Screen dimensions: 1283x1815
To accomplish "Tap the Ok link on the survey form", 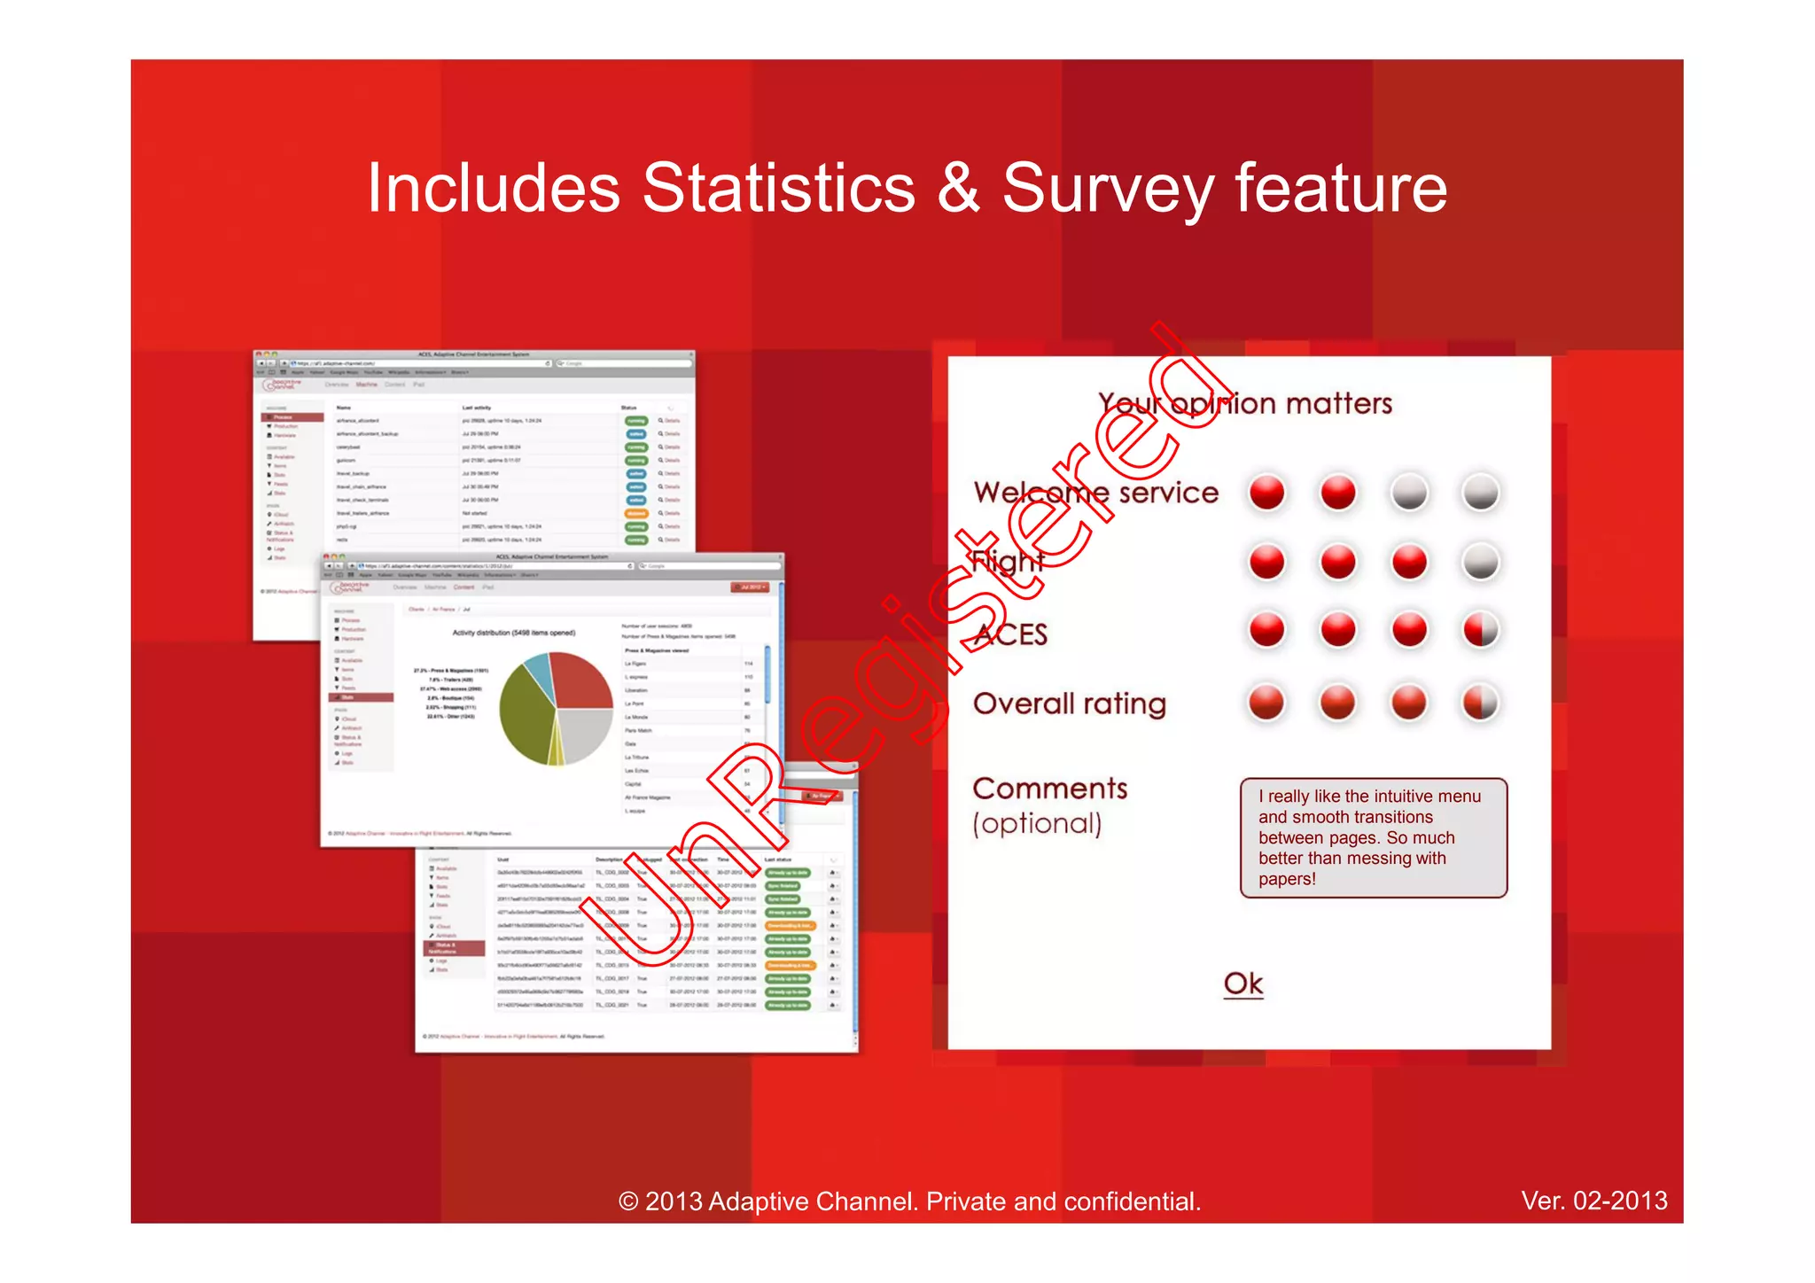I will (1242, 984).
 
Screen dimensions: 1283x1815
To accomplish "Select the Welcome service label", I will (1095, 493).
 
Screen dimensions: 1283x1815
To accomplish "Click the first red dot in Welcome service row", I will (1266, 493).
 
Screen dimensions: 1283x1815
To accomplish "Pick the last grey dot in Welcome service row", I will (1480, 493).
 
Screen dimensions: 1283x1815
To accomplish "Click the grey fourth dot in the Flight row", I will (1480, 562).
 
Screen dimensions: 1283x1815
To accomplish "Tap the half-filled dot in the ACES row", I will (1480, 631).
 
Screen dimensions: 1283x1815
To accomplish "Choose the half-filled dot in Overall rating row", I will (1480, 703).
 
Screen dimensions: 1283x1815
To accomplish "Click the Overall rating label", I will (1069, 704).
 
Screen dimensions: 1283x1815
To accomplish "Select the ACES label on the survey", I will (1010, 634).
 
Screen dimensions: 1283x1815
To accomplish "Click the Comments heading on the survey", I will (1049, 789).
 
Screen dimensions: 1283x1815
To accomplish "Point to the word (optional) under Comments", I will (1037, 824).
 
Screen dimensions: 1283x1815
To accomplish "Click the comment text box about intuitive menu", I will (1373, 837).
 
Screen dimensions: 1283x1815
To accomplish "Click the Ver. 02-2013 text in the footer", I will (1593, 1201).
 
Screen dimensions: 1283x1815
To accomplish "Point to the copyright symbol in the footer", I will (627, 1201).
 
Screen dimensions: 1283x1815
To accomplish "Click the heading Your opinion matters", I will (1244, 404).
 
